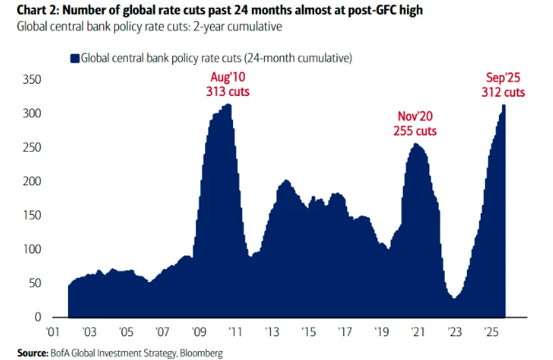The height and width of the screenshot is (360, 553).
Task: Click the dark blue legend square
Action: coord(74,58)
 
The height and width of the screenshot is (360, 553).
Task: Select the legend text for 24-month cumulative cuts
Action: coord(216,58)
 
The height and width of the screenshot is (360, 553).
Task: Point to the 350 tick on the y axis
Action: coord(31,80)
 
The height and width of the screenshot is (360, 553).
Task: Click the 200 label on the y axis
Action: coord(31,181)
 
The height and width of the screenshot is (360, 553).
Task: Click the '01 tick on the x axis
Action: coord(53,334)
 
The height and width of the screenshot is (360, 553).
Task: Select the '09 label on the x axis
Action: coord(198,334)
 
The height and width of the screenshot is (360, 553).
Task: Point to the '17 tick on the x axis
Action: coord(343,334)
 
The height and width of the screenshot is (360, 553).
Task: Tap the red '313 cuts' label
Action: coord(227,92)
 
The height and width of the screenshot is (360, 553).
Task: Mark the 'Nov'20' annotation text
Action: coord(415,116)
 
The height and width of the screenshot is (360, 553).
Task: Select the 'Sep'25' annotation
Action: coord(502,79)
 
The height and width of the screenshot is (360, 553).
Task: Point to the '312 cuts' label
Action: coord(502,92)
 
